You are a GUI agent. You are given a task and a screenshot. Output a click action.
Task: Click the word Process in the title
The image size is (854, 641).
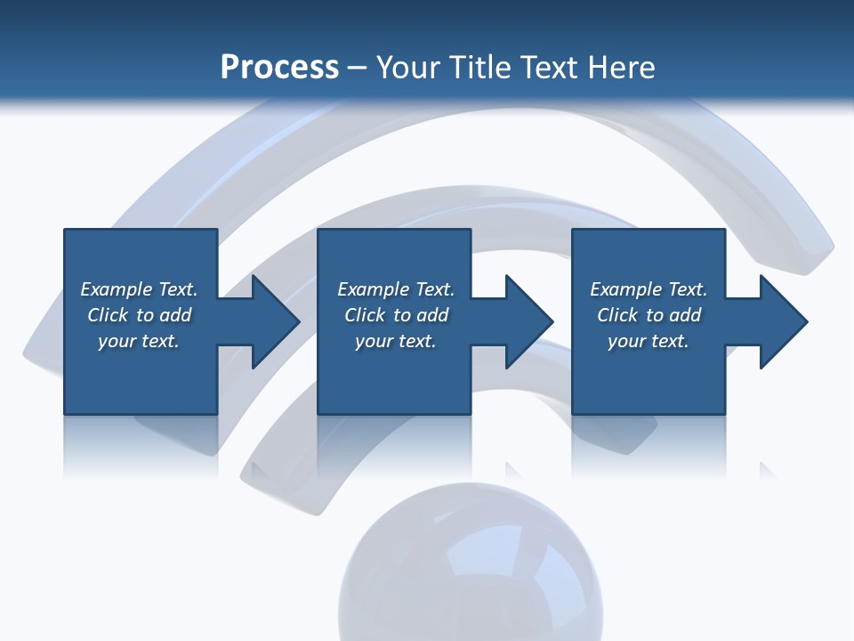pyautogui.click(x=279, y=68)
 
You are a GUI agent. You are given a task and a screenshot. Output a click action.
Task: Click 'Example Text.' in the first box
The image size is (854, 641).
pyautogui.click(x=139, y=289)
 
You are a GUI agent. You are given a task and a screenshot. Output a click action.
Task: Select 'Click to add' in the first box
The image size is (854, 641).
pyautogui.click(x=139, y=315)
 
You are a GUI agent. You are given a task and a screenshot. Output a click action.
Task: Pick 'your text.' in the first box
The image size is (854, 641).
pyautogui.click(x=139, y=341)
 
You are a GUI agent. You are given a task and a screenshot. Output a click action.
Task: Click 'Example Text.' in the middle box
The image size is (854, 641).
pyautogui.click(x=396, y=289)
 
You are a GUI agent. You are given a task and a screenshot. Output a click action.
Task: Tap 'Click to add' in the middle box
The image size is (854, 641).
pyautogui.click(x=396, y=315)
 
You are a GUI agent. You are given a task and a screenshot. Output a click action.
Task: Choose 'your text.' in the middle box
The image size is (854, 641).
pyautogui.click(x=396, y=341)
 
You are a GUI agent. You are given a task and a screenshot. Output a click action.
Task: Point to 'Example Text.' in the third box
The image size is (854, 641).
pyautogui.click(x=649, y=289)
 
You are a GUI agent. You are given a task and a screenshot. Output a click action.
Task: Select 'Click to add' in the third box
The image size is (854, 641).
pyautogui.click(x=649, y=315)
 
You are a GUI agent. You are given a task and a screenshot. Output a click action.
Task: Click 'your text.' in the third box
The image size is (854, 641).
pyautogui.click(x=649, y=341)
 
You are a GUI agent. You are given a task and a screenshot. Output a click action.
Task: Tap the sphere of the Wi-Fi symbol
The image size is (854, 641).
pyautogui.click(x=470, y=570)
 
